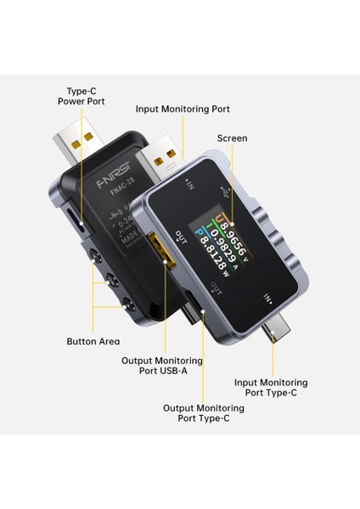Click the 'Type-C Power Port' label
click(82, 95)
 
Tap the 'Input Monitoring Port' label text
click(183, 109)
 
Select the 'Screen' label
click(232, 138)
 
